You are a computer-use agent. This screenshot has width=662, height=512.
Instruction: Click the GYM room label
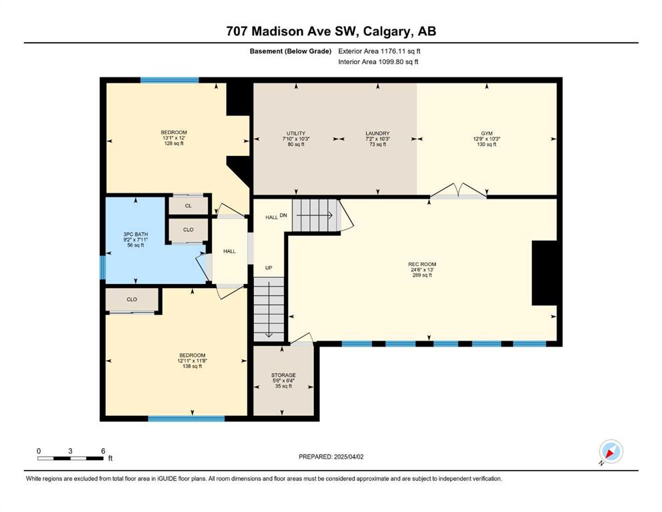[x=487, y=133]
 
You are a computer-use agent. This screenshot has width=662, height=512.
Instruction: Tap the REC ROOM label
[x=422, y=264]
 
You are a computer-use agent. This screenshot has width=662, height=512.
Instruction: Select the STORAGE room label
[x=283, y=375]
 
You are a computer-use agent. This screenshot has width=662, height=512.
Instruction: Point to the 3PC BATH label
[x=135, y=234]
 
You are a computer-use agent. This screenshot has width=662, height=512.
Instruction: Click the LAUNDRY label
[x=377, y=133]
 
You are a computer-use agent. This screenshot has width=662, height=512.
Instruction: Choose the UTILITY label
[x=296, y=133]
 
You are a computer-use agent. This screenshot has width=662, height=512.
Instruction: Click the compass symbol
[x=611, y=451]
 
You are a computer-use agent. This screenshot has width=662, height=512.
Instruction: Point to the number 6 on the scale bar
[x=103, y=451]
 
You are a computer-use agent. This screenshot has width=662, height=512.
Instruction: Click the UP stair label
[x=269, y=267]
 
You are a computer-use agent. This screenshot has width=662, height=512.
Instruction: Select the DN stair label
[x=283, y=215]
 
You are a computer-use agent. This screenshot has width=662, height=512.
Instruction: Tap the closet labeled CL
[x=188, y=206]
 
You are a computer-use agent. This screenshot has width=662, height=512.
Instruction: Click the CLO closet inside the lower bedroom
[x=132, y=299]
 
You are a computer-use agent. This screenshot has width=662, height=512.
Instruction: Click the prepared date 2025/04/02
[x=348, y=457]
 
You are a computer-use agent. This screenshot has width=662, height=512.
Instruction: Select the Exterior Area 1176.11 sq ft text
[x=379, y=51]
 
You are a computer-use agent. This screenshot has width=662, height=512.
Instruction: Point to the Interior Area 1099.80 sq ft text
[x=378, y=61]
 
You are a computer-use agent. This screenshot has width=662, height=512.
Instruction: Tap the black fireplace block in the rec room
[x=544, y=273]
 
